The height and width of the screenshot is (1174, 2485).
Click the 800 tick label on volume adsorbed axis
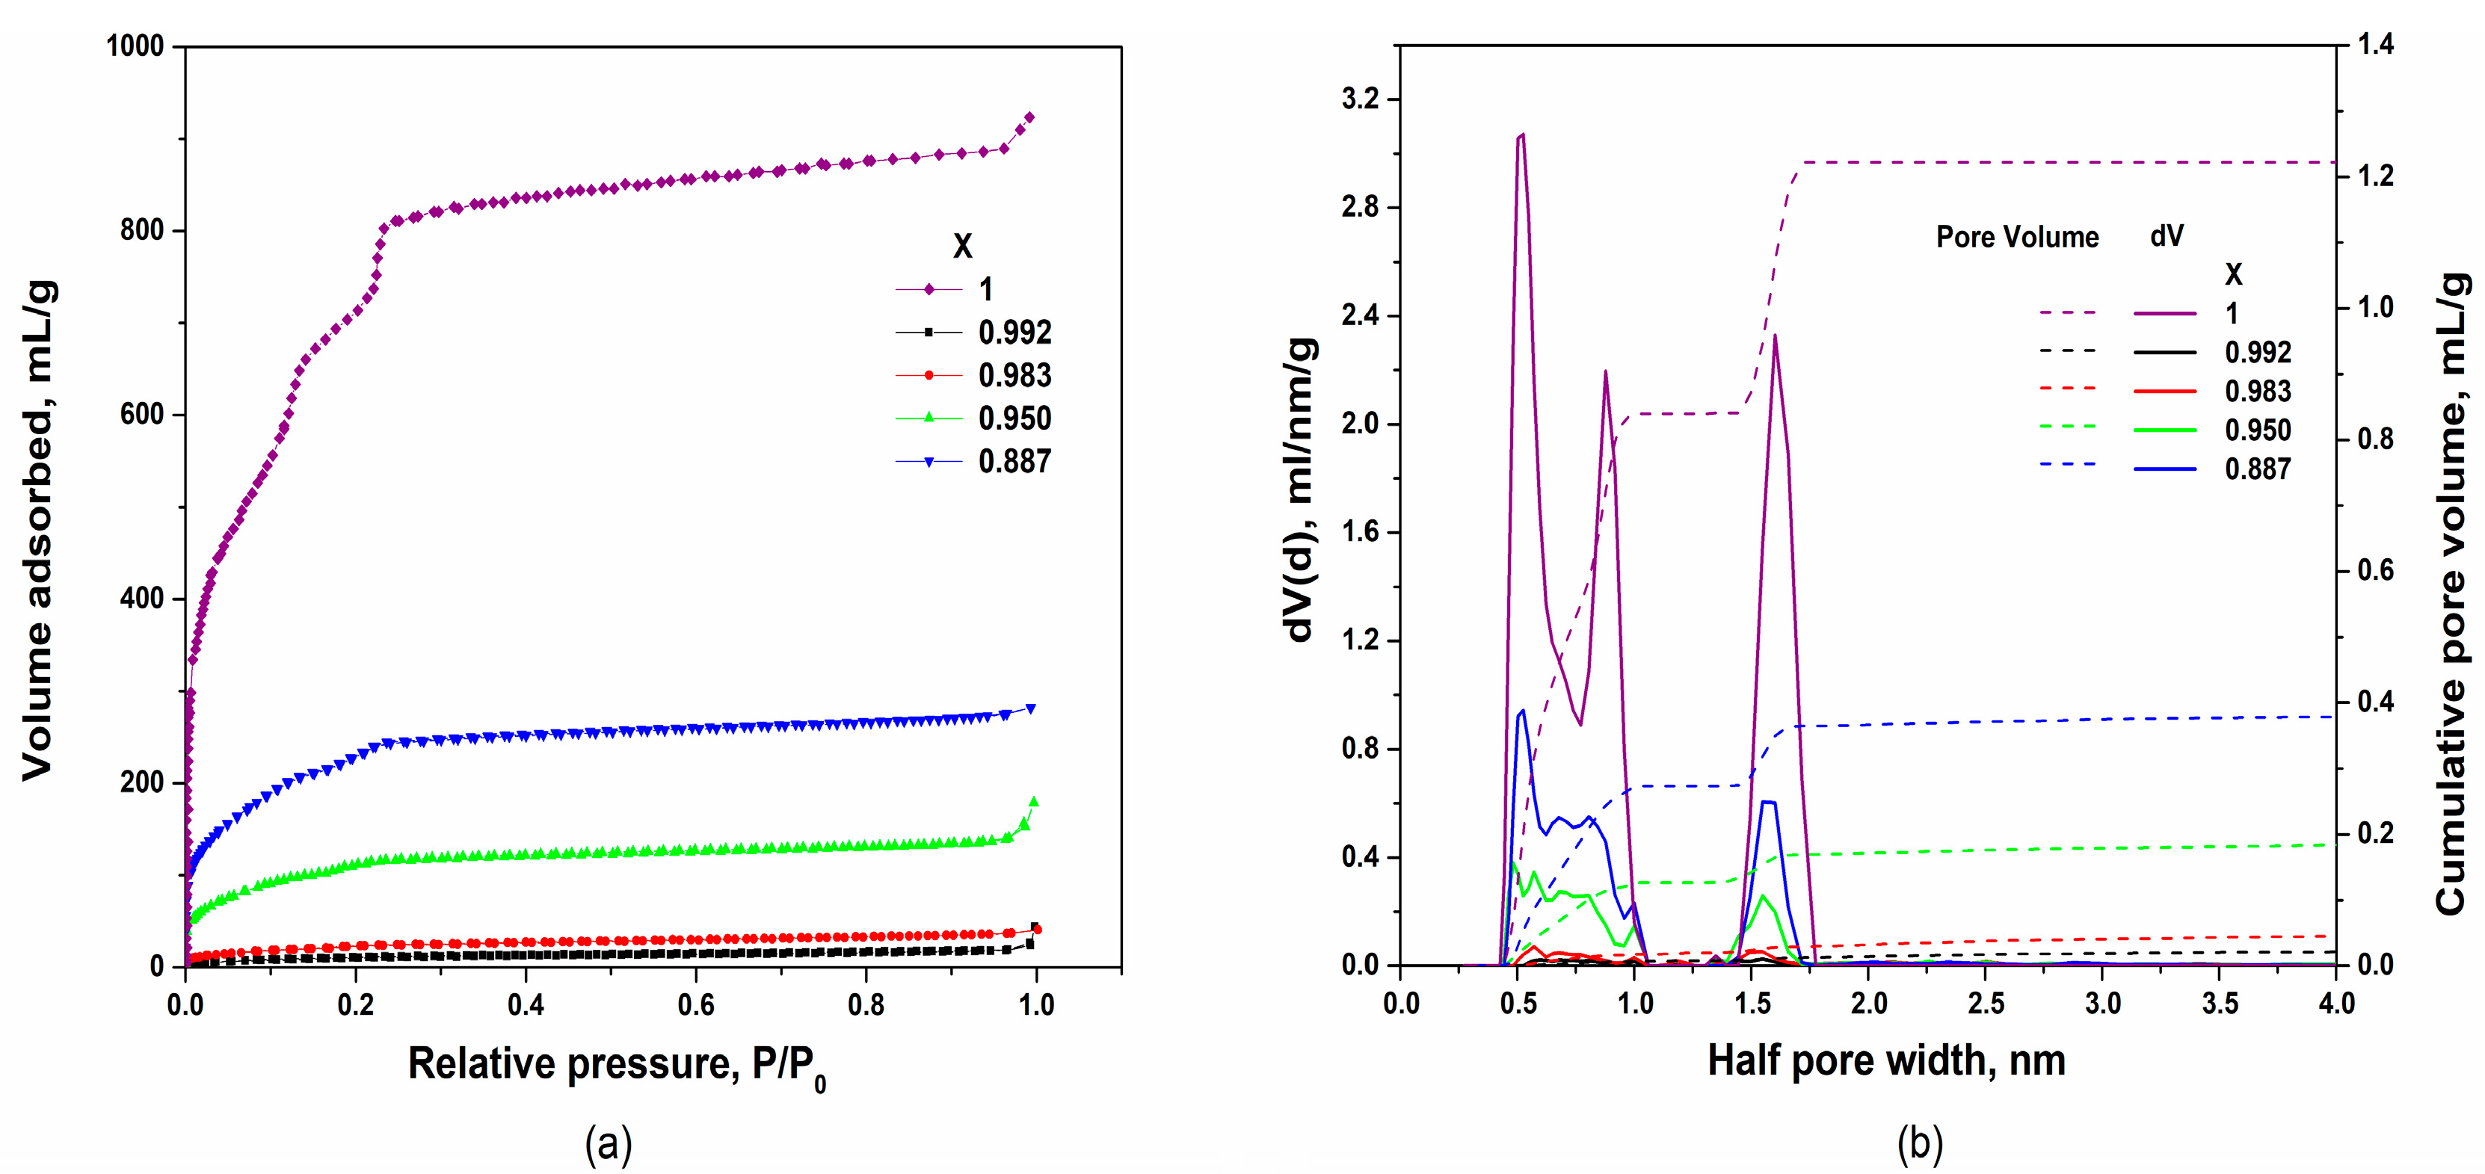pyautogui.click(x=141, y=231)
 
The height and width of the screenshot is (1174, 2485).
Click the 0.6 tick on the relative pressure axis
pyautogui.click(x=695, y=1004)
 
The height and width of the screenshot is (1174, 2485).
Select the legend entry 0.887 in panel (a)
pyautogui.click(x=1014, y=461)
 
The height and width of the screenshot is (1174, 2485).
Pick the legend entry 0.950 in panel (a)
pyautogui.click(x=1014, y=418)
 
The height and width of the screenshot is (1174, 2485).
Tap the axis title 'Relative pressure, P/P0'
pyautogui.click(x=617, y=1065)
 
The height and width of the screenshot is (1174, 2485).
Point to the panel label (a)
pyautogui.click(x=608, y=1144)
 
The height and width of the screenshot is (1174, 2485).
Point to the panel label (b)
pyautogui.click(x=1919, y=1144)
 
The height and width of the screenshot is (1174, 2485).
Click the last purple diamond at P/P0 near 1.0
pyautogui.click(x=1029, y=117)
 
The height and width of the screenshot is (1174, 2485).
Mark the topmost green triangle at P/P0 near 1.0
pyautogui.click(x=1033, y=802)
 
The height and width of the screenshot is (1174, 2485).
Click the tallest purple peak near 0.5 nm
pyautogui.click(x=1521, y=135)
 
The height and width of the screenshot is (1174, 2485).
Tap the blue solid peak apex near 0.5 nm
pyautogui.click(x=1522, y=711)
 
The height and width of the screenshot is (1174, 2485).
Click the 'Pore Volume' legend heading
pyautogui.click(x=2017, y=238)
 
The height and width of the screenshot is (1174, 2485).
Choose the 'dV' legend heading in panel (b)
pyautogui.click(x=2167, y=235)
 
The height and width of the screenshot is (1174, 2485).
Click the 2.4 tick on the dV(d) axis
pyautogui.click(x=1359, y=315)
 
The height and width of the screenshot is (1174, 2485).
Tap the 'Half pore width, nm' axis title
pyautogui.click(x=1886, y=1061)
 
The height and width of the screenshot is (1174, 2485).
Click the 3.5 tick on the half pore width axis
pyautogui.click(x=2220, y=1004)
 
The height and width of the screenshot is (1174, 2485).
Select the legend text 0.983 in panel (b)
pyautogui.click(x=2257, y=391)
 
